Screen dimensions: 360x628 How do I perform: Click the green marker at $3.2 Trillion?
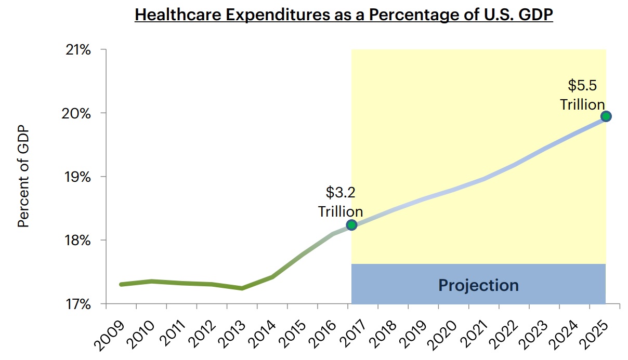(352, 225)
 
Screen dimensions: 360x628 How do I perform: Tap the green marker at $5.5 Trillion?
(606, 116)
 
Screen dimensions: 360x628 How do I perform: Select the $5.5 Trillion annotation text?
(582, 95)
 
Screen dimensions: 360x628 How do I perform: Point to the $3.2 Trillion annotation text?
(341, 202)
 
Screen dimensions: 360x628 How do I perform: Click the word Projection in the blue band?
(478, 285)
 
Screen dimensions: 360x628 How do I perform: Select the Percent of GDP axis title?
(23, 177)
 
